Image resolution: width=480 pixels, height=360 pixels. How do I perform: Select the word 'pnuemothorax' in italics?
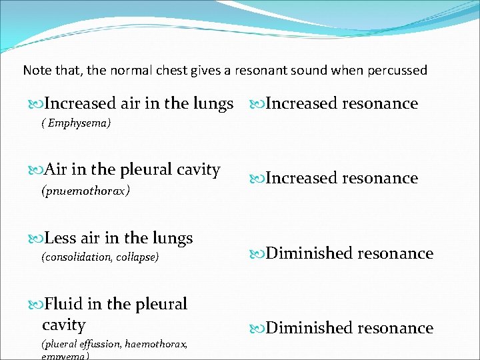(x=86, y=191)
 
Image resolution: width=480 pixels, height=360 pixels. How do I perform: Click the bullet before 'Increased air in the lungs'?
(x=35, y=104)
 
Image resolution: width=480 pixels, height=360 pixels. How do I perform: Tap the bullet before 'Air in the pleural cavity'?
(x=35, y=171)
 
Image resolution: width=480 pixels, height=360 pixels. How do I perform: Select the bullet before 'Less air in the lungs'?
(x=35, y=239)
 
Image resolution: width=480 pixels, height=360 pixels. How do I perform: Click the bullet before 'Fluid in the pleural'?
(x=35, y=305)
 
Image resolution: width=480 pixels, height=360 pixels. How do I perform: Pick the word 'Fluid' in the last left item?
(x=63, y=304)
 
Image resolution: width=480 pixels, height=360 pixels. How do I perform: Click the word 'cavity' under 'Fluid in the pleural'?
(x=64, y=325)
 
